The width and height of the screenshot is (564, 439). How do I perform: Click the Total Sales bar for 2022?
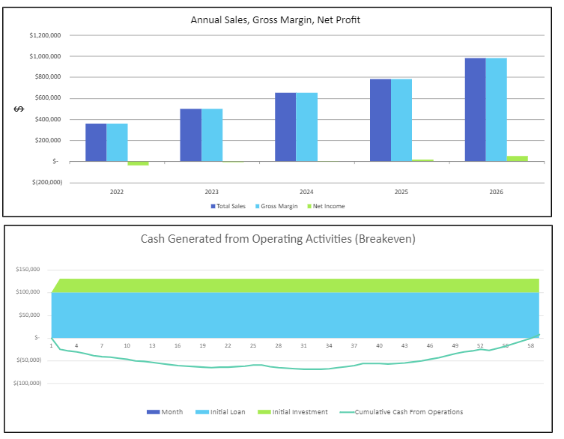click(96, 142)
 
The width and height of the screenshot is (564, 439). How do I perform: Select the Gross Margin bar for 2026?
click(496, 109)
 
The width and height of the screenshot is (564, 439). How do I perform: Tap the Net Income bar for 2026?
click(517, 158)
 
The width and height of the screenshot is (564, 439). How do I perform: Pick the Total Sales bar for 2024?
click(285, 127)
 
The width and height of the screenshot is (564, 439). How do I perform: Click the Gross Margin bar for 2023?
click(212, 135)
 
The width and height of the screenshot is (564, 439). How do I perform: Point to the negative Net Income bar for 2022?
click(138, 163)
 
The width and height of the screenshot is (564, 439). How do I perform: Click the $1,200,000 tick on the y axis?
click(44, 35)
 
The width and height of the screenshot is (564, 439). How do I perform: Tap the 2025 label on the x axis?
click(401, 193)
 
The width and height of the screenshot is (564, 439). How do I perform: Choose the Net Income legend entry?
click(328, 206)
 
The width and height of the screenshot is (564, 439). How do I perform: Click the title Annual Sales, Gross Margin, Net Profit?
click(275, 20)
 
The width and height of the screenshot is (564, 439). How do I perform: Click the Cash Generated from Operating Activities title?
click(278, 239)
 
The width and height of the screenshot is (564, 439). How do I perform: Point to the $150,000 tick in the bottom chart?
click(28, 269)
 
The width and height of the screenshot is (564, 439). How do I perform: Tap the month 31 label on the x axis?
click(303, 345)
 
